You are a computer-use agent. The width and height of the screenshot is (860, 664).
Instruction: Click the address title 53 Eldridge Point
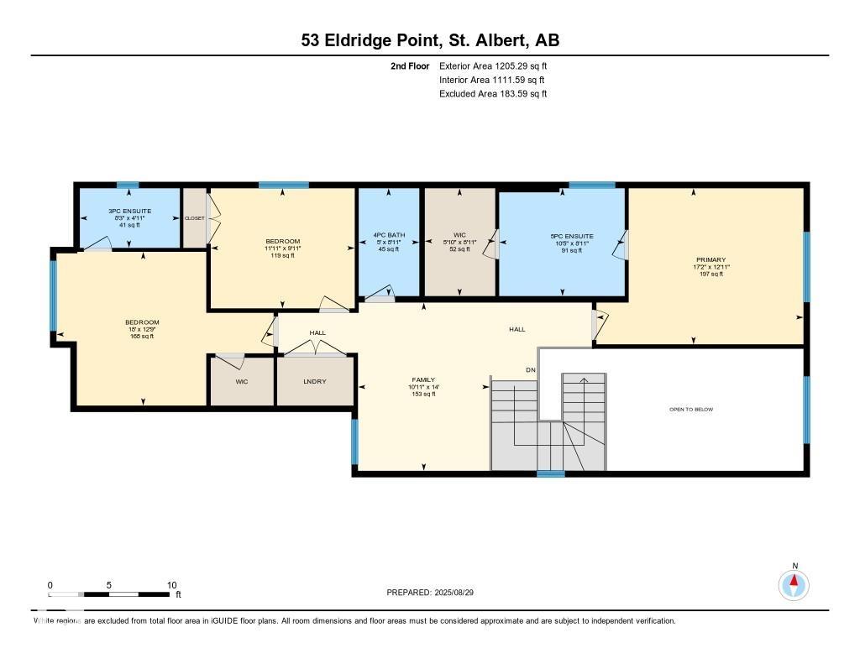tap(430, 40)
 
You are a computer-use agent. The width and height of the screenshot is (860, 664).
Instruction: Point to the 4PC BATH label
tap(388, 235)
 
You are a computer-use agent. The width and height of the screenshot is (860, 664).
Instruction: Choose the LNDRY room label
tap(315, 382)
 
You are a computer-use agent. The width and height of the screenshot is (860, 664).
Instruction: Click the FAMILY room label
tap(423, 379)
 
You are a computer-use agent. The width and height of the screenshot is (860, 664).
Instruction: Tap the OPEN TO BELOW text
tap(690, 410)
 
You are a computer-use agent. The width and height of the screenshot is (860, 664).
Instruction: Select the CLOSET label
tap(195, 218)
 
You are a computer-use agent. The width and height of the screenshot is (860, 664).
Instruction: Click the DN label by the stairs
tap(530, 369)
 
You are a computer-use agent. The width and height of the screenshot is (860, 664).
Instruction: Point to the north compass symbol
tap(793, 584)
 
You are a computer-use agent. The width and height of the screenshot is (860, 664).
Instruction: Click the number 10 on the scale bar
tap(171, 585)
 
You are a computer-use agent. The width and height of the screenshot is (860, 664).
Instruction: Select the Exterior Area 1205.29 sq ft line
tap(493, 65)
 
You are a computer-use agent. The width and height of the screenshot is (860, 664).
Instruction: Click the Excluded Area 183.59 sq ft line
tap(493, 94)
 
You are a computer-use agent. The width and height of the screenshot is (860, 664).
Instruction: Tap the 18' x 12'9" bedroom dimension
tap(142, 329)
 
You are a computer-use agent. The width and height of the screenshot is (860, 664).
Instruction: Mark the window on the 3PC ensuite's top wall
tap(128, 186)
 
